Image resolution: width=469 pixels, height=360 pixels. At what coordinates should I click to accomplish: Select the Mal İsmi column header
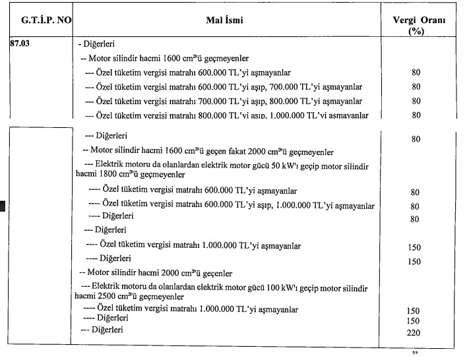click(x=224, y=20)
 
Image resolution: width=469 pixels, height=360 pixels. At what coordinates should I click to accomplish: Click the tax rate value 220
click(x=414, y=333)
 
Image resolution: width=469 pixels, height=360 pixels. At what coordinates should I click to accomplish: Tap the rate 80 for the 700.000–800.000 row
click(x=416, y=102)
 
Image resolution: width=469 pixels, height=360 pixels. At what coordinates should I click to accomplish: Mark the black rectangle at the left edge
click(x=3, y=208)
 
